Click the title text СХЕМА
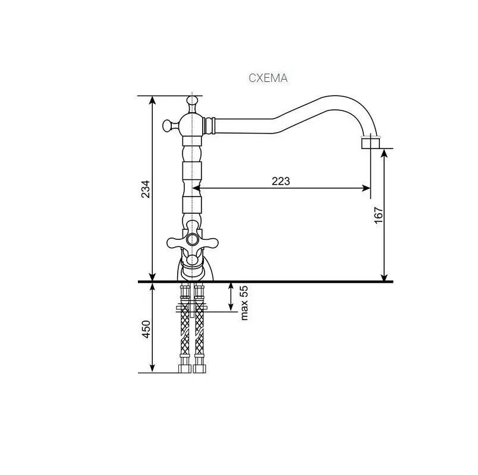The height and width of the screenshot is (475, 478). coord(268,78)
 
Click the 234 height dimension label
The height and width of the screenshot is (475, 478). coord(146,189)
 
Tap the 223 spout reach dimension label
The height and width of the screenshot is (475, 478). coord(281,181)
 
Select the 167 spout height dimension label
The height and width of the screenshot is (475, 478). coord(378,215)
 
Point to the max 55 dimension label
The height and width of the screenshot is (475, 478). coord(244,303)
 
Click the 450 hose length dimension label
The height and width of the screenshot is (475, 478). coord(146,329)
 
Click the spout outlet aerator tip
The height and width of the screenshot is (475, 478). coord(370,143)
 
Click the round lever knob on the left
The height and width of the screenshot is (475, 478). coord(167,125)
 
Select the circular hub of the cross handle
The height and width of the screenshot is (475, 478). coord(192,239)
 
